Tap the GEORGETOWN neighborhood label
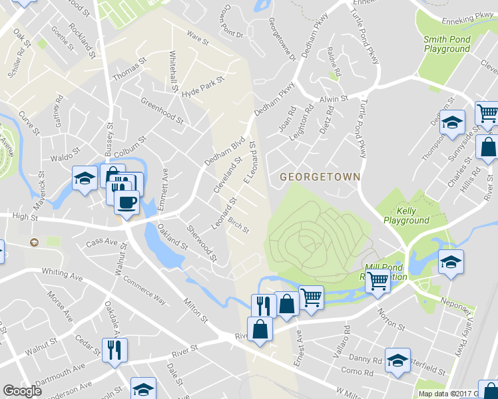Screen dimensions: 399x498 (320, 177)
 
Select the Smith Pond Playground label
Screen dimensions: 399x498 (447, 45)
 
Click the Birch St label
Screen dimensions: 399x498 (238, 225)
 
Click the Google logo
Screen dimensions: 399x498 (22, 391)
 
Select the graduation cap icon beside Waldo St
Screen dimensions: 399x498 (85, 178)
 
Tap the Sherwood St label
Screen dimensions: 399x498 (202, 243)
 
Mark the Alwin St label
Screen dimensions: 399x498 (335, 98)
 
